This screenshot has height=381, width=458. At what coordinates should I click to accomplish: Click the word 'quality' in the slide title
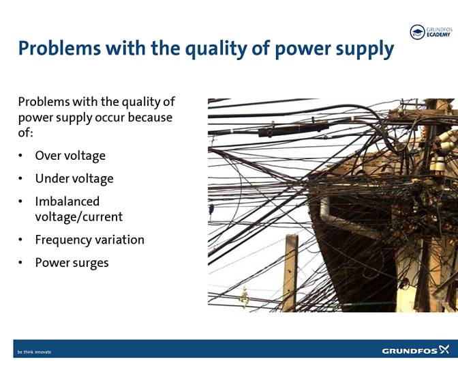(204, 48)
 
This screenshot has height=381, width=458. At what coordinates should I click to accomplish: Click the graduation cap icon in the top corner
(416, 31)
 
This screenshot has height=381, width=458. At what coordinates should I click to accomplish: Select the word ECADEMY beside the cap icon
(439, 35)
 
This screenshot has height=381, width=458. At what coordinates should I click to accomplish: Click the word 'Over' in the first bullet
(48, 156)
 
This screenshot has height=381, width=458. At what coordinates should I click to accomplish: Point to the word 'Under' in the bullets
(52, 179)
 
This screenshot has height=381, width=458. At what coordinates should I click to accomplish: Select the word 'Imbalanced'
(67, 201)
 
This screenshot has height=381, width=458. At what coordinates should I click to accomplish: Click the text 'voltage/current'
(78, 217)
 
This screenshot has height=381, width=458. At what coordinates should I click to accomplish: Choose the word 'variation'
(122, 240)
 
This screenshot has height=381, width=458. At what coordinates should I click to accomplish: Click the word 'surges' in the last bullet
(91, 263)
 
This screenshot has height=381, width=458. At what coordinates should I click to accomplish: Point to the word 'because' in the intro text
(149, 117)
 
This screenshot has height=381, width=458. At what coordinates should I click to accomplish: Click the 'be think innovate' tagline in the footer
(34, 352)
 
